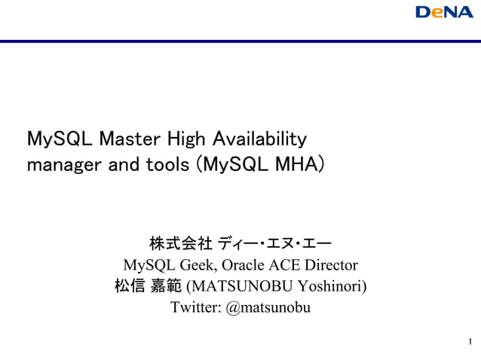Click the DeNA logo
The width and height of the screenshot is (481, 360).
click(444, 13)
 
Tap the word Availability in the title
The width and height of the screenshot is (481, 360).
click(259, 139)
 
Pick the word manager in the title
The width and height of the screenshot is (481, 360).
click(58, 163)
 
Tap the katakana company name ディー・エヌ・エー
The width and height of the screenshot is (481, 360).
click(274, 244)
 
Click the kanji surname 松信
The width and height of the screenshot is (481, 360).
click(128, 286)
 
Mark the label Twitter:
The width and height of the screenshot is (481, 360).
click(195, 308)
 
